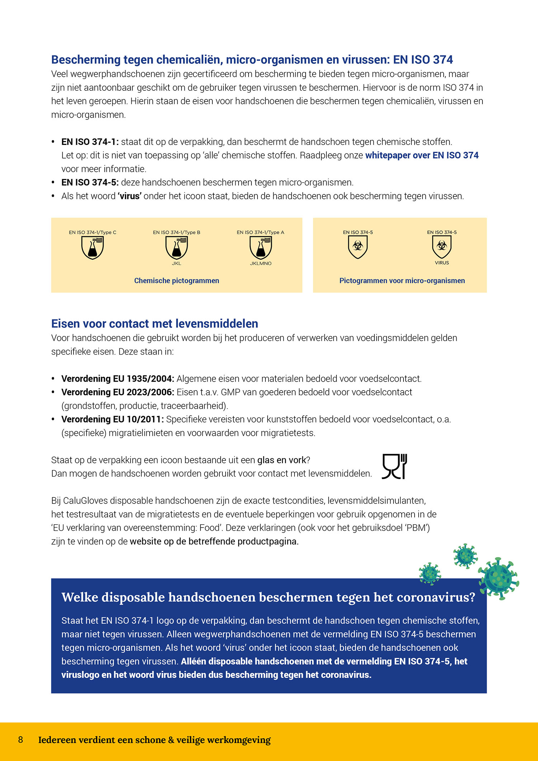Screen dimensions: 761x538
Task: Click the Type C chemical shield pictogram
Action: pyautogui.click(x=93, y=248)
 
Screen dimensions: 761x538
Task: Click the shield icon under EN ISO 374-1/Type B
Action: pyautogui.click(x=176, y=248)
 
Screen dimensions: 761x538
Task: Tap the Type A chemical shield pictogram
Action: pyautogui.click(x=261, y=248)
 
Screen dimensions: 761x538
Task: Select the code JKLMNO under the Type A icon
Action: pyautogui.click(x=261, y=264)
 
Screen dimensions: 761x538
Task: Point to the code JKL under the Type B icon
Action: pyautogui.click(x=176, y=264)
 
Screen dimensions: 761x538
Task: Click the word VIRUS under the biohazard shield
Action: pyautogui.click(x=442, y=263)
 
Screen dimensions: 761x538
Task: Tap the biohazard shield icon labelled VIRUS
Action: pyautogui.click(x=442, y=246)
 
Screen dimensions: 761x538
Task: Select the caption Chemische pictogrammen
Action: pyautogui.click(x=176, y=281)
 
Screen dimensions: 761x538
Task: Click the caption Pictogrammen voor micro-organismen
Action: pyautogui.click(x=402, y=281)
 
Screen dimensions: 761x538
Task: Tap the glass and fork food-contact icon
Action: pyautogui.click(x=395, y=466)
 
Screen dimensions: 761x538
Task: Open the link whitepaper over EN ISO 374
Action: pyautogui.click(x=422, y=155)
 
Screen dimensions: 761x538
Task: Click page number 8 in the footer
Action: pyautogui.click(x=20, y=740)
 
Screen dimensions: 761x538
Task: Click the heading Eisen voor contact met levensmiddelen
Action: pyautogui.click(x=155, y=323)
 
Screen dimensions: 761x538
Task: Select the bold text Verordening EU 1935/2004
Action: pyautogui.click(x=118, y=379)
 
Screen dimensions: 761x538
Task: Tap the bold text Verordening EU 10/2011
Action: pyautogui.click(x=112, y=419)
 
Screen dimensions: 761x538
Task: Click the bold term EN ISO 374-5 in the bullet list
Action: pyautogui.click(x=90, y=183)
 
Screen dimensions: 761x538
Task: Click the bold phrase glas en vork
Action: pyautogui.click(x=282, y=460)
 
